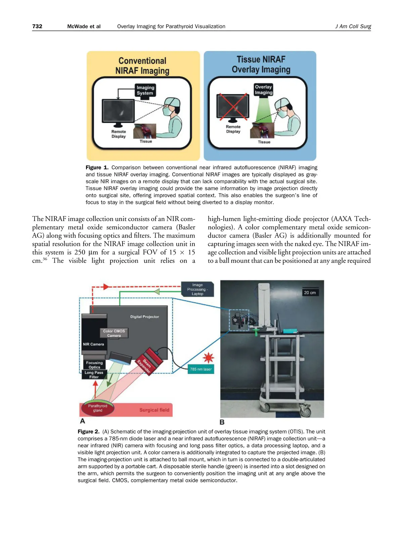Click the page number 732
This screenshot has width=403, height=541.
[x=37, y=26]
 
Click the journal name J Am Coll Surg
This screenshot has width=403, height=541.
[x=353, y=26]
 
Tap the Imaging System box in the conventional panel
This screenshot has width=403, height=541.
[x=145, y=90]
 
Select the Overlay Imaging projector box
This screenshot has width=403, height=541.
[x=263, y=90]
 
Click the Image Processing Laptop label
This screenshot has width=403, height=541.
[x=197, y=289]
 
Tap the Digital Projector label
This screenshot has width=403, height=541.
[x=144, y=317]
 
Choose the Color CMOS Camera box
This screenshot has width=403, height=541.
[x=114, y=333]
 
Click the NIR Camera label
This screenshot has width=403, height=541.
[x=93, y=344]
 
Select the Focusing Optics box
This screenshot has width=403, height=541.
[x=94, y=365]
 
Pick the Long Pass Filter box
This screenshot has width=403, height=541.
[x=94, y=375]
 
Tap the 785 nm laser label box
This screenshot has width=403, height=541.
[x=200, y=369]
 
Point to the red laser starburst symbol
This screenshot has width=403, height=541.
[x=209, y=358]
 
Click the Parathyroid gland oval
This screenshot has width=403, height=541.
[x=97, y=408]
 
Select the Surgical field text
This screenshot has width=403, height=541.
[x=154, y=410]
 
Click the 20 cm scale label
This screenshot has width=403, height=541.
[x=310, y=292]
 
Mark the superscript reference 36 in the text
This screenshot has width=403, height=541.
[x=45, y=259]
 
